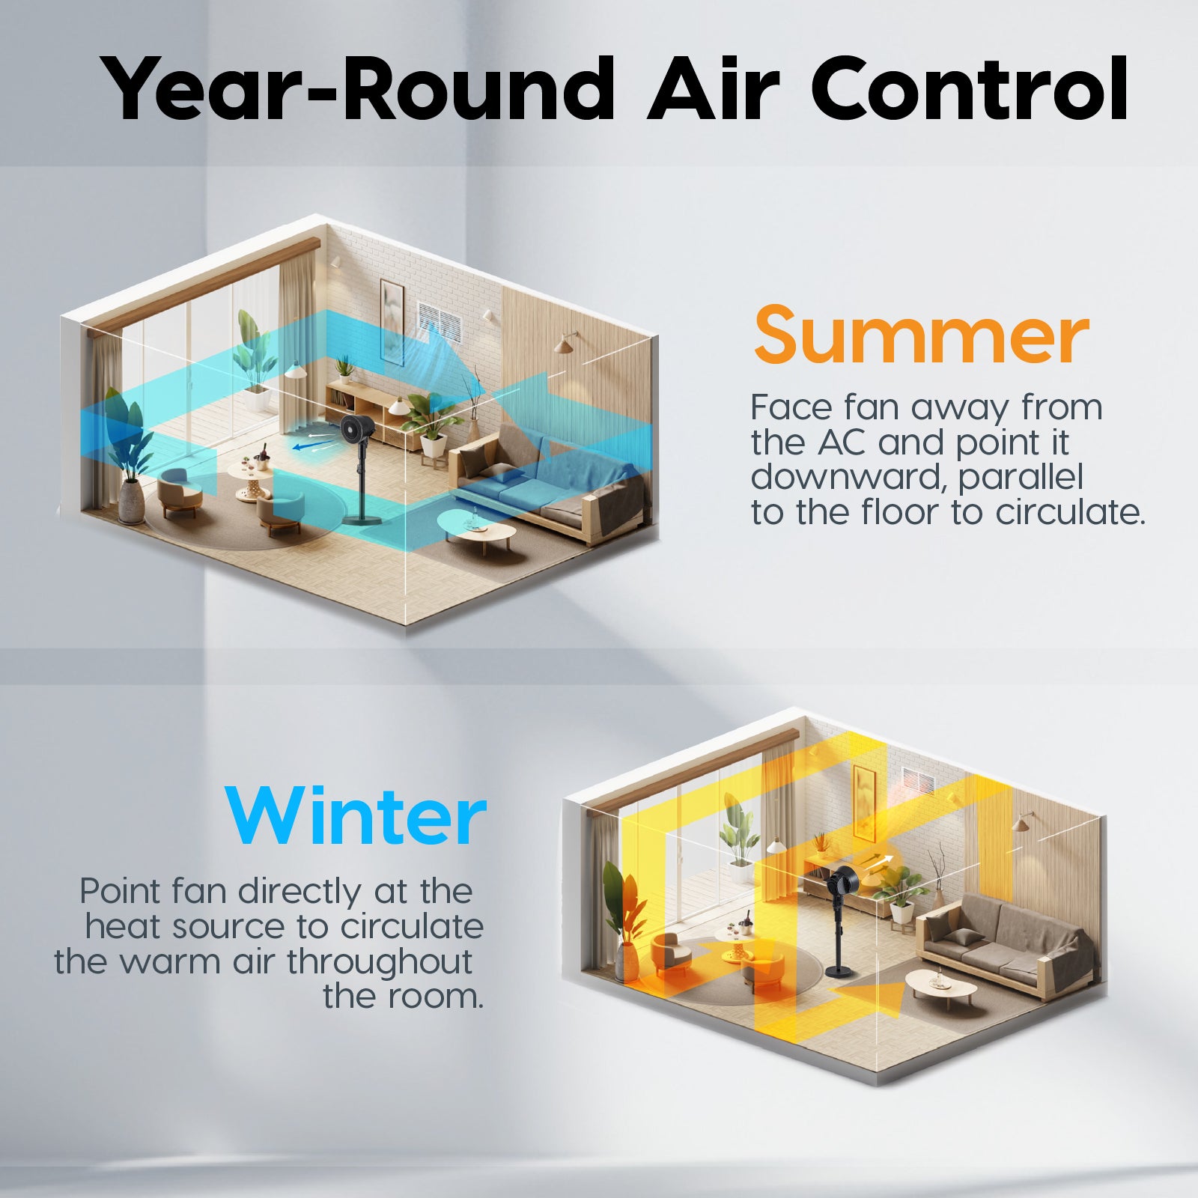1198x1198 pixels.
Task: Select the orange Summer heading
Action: [x=921, y=335]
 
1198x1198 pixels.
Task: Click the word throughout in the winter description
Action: [x=380, y=961]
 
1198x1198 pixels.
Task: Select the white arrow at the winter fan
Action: [x=880, y=860]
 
